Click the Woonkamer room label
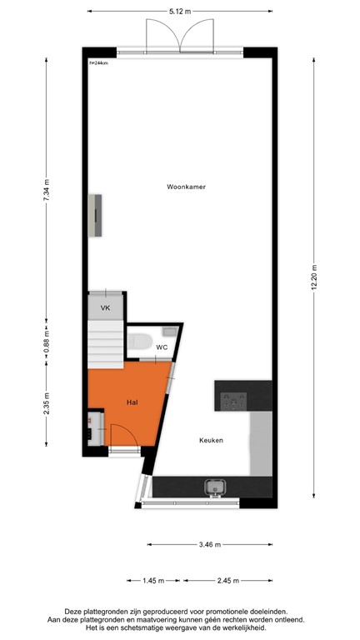[x=186, y=187]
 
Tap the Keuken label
[x=211, y=440]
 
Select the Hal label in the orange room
[x=132, y=401]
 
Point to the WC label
[x=162, y=347]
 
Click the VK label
[x=105, y=308]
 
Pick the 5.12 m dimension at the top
[x=180, y=12]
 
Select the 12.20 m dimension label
[x=313, y=273]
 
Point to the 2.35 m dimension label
[x=47, y=407]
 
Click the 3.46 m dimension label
[x=211, y=545]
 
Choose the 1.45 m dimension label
[x=152, y=581]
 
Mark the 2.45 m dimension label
[x=227, y=581]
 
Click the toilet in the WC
[x=139, y=341]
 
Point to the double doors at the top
[x=180, y=37]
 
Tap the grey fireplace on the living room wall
[x=97, y=214]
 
